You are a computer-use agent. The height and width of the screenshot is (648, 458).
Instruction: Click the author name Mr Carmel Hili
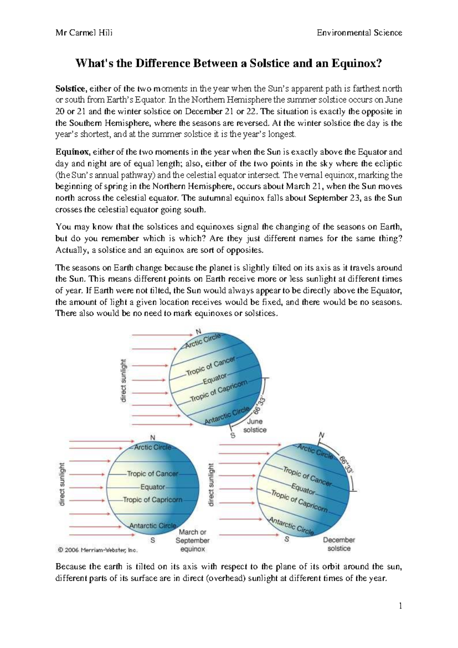coord(84,33)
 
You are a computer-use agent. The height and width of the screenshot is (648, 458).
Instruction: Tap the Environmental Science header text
coord(359,33)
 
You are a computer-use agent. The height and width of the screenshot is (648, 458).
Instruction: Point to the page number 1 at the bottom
coord(400,606)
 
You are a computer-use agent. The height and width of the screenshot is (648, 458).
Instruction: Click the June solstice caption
coord(255,426)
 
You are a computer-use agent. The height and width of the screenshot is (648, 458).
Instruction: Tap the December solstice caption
coord(339,544)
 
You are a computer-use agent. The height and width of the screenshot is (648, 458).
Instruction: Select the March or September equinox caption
coord(192,540)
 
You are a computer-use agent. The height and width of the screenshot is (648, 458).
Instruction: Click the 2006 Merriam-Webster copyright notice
coord(97,550)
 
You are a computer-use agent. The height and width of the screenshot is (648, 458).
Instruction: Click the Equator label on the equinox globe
coord(153,487)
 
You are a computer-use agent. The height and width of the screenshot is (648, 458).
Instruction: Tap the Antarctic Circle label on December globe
coord(291,526)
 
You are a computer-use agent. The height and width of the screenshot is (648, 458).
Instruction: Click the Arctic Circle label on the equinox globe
coord(152,447)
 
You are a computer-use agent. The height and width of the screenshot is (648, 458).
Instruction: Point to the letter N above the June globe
coord(198,331)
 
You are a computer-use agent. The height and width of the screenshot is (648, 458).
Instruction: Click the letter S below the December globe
coord(287,539)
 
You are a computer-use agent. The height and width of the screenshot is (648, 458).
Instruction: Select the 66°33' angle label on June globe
coord(259,405)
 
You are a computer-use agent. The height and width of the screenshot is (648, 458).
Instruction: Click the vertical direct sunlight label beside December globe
coord(211,485)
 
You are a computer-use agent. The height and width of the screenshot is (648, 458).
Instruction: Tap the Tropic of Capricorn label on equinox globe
coord(153,500)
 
